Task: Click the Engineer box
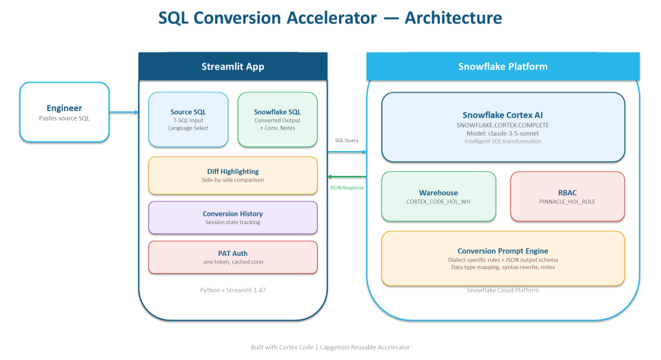coord(64,112)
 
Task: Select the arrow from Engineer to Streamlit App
coord(124,112)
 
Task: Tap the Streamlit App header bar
coord(232,66)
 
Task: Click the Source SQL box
coord(188,119)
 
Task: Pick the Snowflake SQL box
coord(277,119)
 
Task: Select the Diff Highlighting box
coord(233,174)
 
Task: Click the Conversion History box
coord(233,217)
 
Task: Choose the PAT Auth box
coord(233,257)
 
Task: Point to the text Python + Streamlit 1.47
coord(233,290)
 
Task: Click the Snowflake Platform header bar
coord(502,66)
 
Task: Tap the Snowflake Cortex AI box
coord(502,128)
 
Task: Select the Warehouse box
coord(438,197)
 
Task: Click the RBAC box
coord(567,197)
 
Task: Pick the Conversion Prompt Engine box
coord(502,258)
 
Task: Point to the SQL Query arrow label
coord(346,141)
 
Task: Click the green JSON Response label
coord(346,187)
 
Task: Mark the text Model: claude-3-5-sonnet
coord(502,133)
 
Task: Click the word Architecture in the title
coord(453,18)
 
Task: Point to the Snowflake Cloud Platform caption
coord(502,290)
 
